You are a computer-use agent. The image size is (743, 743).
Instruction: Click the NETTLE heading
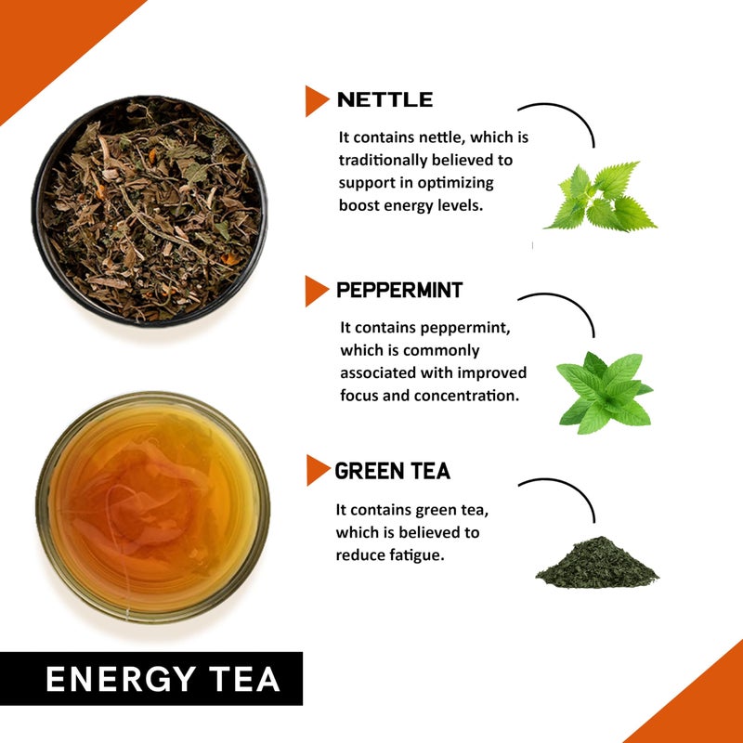point(385,99)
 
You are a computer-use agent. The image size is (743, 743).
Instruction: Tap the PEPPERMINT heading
point(399,290)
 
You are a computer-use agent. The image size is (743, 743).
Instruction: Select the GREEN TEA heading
point(392,471)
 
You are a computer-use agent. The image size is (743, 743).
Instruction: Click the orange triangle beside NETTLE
point(317,100)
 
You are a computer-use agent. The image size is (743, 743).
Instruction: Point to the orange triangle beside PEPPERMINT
point(317,291)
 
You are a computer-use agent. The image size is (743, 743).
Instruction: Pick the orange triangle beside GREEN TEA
point(318,471)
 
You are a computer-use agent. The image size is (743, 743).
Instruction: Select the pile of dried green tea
point(597,561)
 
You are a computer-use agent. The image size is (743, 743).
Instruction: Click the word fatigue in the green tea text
point(417,554)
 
